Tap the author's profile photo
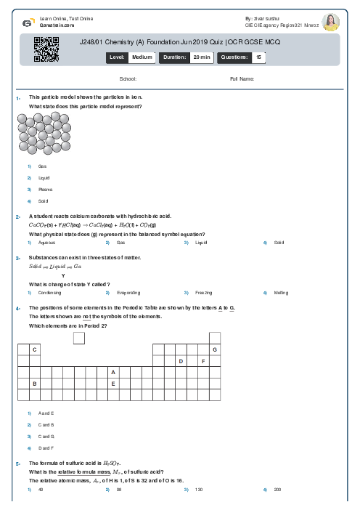click(330, 22)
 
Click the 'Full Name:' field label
click(242, 78)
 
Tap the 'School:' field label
click(128, 78)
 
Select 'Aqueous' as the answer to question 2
click(46, 243)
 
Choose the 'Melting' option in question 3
click(281, 293)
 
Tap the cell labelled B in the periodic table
click(34, 384)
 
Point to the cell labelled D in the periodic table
click(181, 361)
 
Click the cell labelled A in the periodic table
click(113, 372)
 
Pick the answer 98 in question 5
click(118, 490)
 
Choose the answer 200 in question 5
click(277, 490)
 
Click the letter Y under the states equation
click(63, 275)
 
